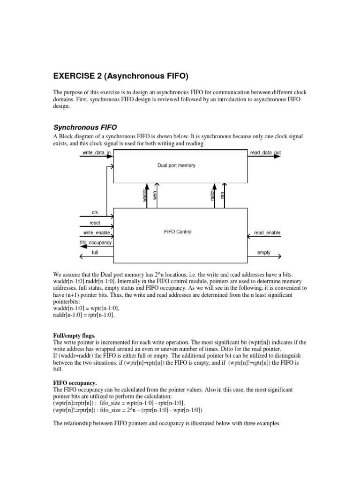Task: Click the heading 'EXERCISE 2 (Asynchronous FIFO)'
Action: coord(122,76)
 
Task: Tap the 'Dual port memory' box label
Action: coord(176,165)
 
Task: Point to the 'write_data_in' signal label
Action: coord(97,153)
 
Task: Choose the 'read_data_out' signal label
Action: coord(266,153)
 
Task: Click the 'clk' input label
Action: coord(95,212)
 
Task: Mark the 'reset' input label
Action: coord(95,223)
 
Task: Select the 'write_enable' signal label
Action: coord(97,232)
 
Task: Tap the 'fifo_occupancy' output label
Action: coord(96,242)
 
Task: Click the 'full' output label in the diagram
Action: coord(95,252)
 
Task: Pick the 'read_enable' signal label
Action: coord(267,232)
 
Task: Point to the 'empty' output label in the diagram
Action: coord(264,252)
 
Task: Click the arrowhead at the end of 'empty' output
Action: coord(279,256)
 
